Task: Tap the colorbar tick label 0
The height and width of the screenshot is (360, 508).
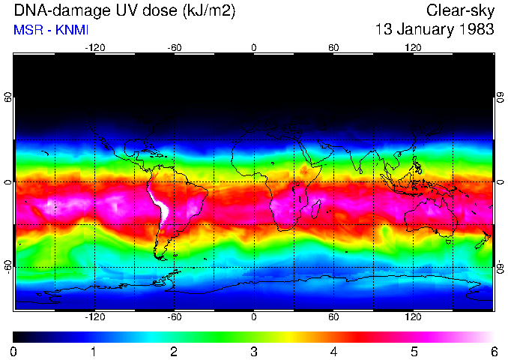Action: (14, 351)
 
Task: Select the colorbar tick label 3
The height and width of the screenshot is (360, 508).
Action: (254, 351)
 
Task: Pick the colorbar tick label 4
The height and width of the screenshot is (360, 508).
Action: (334, 351)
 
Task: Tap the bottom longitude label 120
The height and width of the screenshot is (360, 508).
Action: (414, 316)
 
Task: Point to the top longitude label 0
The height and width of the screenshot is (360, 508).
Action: (254, 48)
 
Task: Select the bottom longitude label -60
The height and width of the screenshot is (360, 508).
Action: (175, 316)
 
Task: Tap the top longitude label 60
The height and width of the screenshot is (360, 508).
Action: (333, 48)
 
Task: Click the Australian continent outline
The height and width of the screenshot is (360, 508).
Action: (427, 217)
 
